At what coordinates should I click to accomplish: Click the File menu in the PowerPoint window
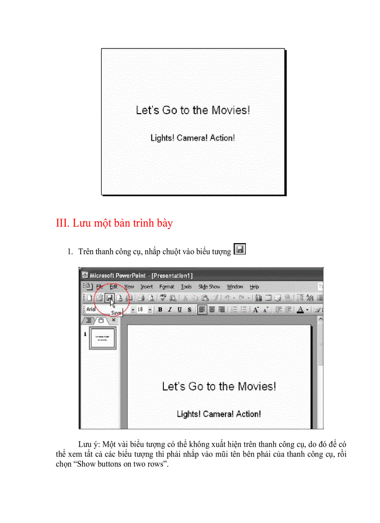(100, 287)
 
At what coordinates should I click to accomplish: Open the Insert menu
(147, 287)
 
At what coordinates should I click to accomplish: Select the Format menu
(167, 287)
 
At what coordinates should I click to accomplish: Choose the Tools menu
(186, 287)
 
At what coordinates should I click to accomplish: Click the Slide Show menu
(209, 287)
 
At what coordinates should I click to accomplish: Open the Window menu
(235, 287)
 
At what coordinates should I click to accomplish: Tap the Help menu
(254, 287)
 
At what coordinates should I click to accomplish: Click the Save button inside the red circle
(109, 298)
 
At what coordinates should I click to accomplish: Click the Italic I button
(170, 309)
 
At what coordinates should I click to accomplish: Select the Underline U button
(180, 309)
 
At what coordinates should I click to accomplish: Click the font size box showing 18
(140, 309)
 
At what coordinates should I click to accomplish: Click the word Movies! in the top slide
(231, 110)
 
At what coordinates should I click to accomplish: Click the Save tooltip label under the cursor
(116, 313)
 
